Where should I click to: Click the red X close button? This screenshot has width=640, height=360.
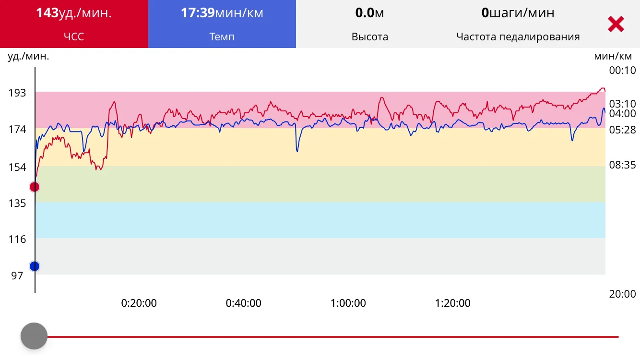(x=616, y=24)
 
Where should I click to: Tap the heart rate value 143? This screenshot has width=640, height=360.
(x=47, y=13)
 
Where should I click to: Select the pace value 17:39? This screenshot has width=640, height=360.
(x=197, y=13)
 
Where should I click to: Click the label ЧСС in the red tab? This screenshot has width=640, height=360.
(x=74, y=36)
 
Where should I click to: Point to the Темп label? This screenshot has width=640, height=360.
(x=222, y=36)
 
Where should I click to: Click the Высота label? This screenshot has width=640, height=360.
(x=369, y=36)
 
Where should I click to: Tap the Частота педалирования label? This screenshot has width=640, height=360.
(x=518, y=36)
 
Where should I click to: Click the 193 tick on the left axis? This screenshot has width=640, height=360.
(x=17, y=93)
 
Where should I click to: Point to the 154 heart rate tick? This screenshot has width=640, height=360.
(x=17, y=168)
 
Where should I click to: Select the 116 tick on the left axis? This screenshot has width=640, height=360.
(x=17, y=239)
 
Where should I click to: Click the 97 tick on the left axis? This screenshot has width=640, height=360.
(x=17, y=276)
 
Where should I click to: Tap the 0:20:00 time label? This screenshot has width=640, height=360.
(x=139, y=303)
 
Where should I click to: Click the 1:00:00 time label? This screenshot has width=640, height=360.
(x=348, y=303)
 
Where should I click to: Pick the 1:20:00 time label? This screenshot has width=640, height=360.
(x=452, y=303)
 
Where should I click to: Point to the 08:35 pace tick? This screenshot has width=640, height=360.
(x=622, y=165)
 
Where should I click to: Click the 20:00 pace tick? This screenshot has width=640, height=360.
(x=622, y=294)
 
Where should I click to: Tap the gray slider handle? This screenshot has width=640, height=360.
(x=34, y=336)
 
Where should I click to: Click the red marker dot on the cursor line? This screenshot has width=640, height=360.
(x=35, y=187)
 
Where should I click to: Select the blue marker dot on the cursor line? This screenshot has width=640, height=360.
(x=35, y=266)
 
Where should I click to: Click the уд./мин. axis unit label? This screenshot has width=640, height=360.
(x=28, y=56)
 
